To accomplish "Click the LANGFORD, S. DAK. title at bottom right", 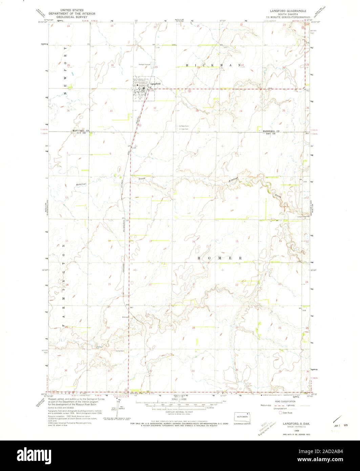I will [295, 424].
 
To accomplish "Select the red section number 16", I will [193, 242].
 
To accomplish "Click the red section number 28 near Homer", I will [193, 328].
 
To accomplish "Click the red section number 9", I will [194, 198].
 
